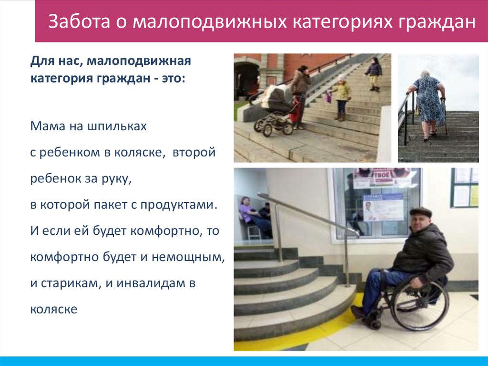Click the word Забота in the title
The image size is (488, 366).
click(x=76, y=23)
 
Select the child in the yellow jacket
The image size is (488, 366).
click(x=341, y=97)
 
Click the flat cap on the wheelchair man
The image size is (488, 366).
click(x=420, y=212)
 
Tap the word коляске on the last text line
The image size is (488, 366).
click(x=54, y=309)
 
